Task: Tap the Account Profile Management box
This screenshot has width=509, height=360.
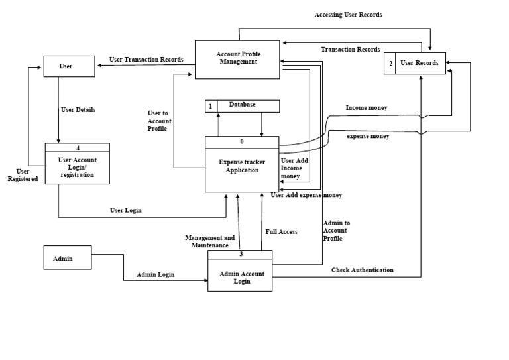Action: pos(237,59)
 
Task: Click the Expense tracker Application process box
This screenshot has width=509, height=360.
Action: pos(242,166)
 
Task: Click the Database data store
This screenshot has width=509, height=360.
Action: pos(242,105)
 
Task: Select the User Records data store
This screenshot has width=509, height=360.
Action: pos(415,63)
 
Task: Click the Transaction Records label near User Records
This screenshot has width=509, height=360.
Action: pos(351,50)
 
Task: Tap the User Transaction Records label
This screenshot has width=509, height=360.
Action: pos(146,60)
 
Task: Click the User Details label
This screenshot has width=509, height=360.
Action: pos(78,110)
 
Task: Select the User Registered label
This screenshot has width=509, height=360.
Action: pos(23,175)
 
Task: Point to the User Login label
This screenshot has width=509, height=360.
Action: pos(125,210)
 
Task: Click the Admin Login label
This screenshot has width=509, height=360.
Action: pos(156,274)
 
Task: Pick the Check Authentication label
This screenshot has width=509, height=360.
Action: pos(362,270)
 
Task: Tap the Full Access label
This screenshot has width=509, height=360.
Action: pos(282,232)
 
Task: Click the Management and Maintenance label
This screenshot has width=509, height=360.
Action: pos(209,241)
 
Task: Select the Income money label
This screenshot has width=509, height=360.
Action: pos(367,108)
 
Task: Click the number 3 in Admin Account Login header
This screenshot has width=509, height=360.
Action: pos(239,254)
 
